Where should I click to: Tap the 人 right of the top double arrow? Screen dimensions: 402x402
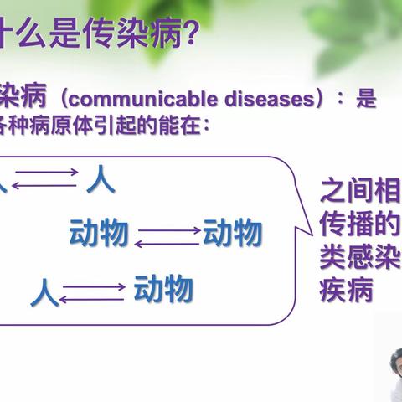click(x=100, y=179)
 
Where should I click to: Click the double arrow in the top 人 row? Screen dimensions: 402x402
click(x=44, y=178)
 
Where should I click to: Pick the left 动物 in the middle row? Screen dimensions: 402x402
click(x=99, y=234)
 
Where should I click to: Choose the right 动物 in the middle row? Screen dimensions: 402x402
click(x=232, y=234)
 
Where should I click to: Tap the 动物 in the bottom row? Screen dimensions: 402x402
click(x=163, y=290)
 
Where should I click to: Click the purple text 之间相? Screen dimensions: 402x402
click(x=360, y=192)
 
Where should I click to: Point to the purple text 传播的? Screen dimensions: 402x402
click(x=360, y=224)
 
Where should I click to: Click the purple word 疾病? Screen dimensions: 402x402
click(x=346, y=289)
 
